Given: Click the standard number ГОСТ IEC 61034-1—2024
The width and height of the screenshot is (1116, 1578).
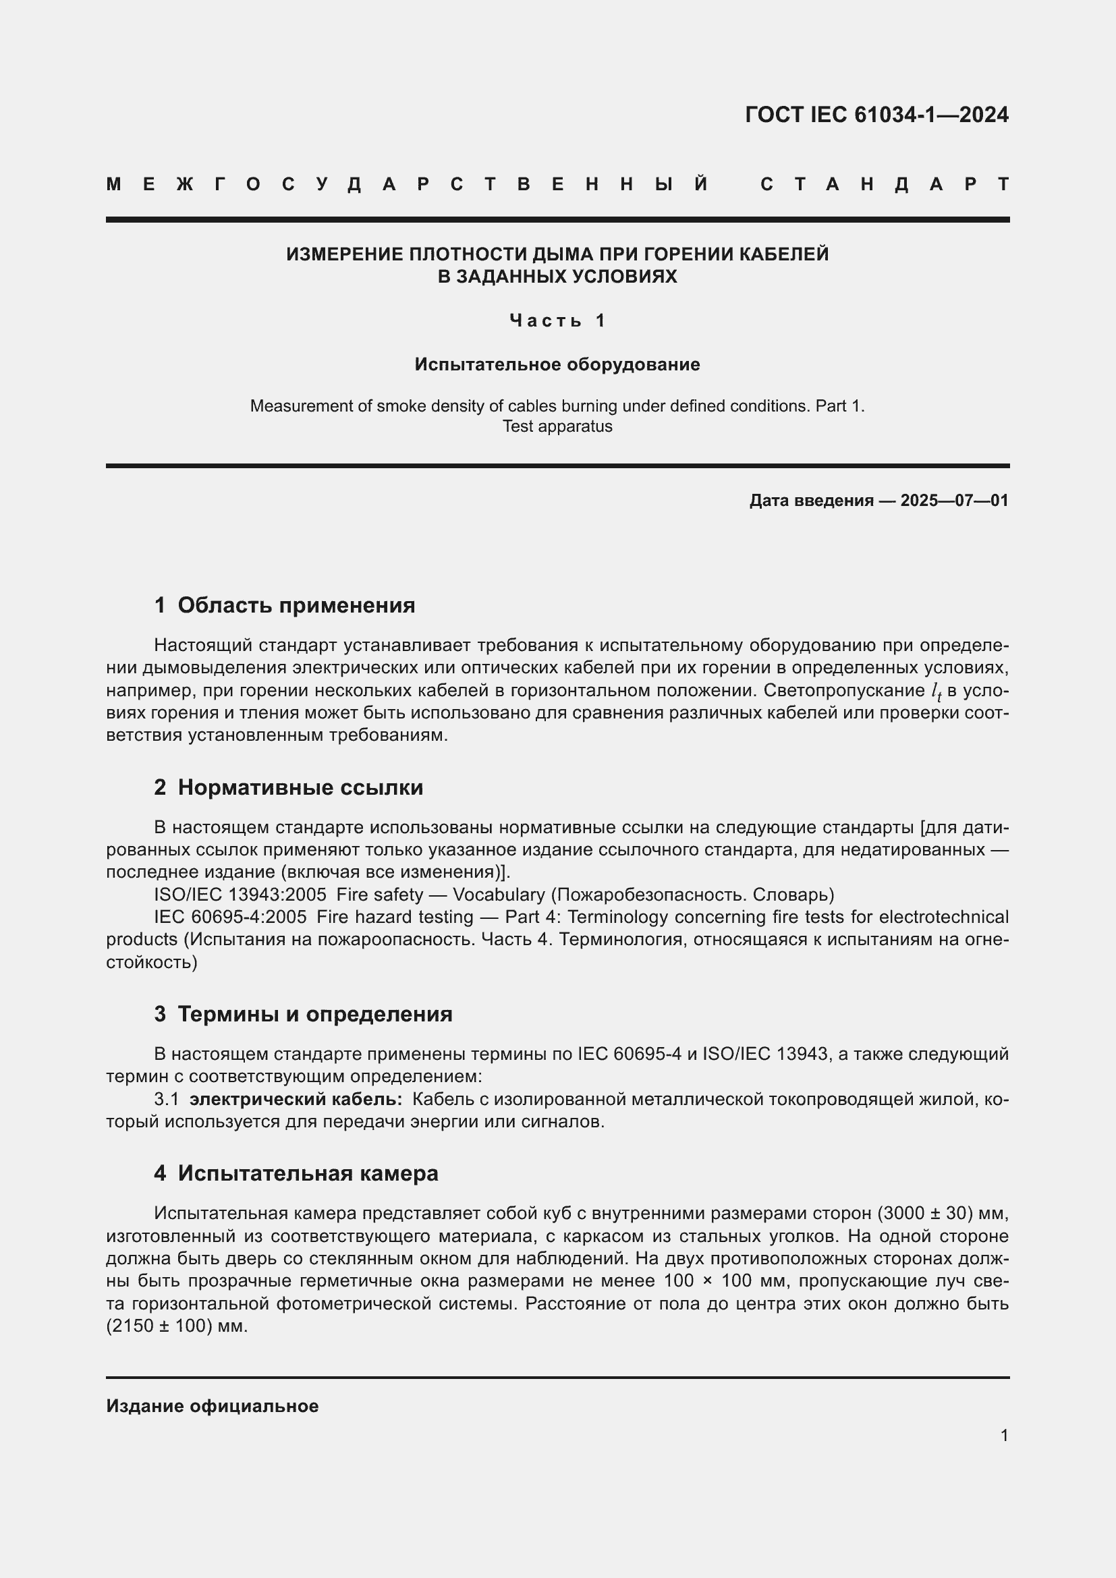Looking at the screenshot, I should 876,115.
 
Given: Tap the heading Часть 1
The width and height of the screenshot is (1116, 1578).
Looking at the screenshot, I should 557,320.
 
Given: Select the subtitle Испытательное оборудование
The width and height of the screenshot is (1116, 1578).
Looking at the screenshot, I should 557,364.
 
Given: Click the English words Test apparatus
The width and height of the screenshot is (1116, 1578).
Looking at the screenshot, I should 557,427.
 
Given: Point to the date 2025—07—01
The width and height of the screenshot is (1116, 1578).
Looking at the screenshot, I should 954,501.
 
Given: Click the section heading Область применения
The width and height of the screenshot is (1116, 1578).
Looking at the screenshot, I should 296,605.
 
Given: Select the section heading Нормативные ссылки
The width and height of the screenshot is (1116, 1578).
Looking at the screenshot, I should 300,787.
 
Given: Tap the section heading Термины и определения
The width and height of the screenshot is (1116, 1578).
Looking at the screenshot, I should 314,1015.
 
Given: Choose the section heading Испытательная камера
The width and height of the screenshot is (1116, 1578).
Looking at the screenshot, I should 308,1173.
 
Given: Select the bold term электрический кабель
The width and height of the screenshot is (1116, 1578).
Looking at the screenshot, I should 296,1100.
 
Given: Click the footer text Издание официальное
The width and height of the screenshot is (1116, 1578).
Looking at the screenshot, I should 213,1406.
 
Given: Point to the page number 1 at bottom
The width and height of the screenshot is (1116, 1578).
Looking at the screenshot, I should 1004,1436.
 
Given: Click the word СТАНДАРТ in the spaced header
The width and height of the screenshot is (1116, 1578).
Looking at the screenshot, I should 885,184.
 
